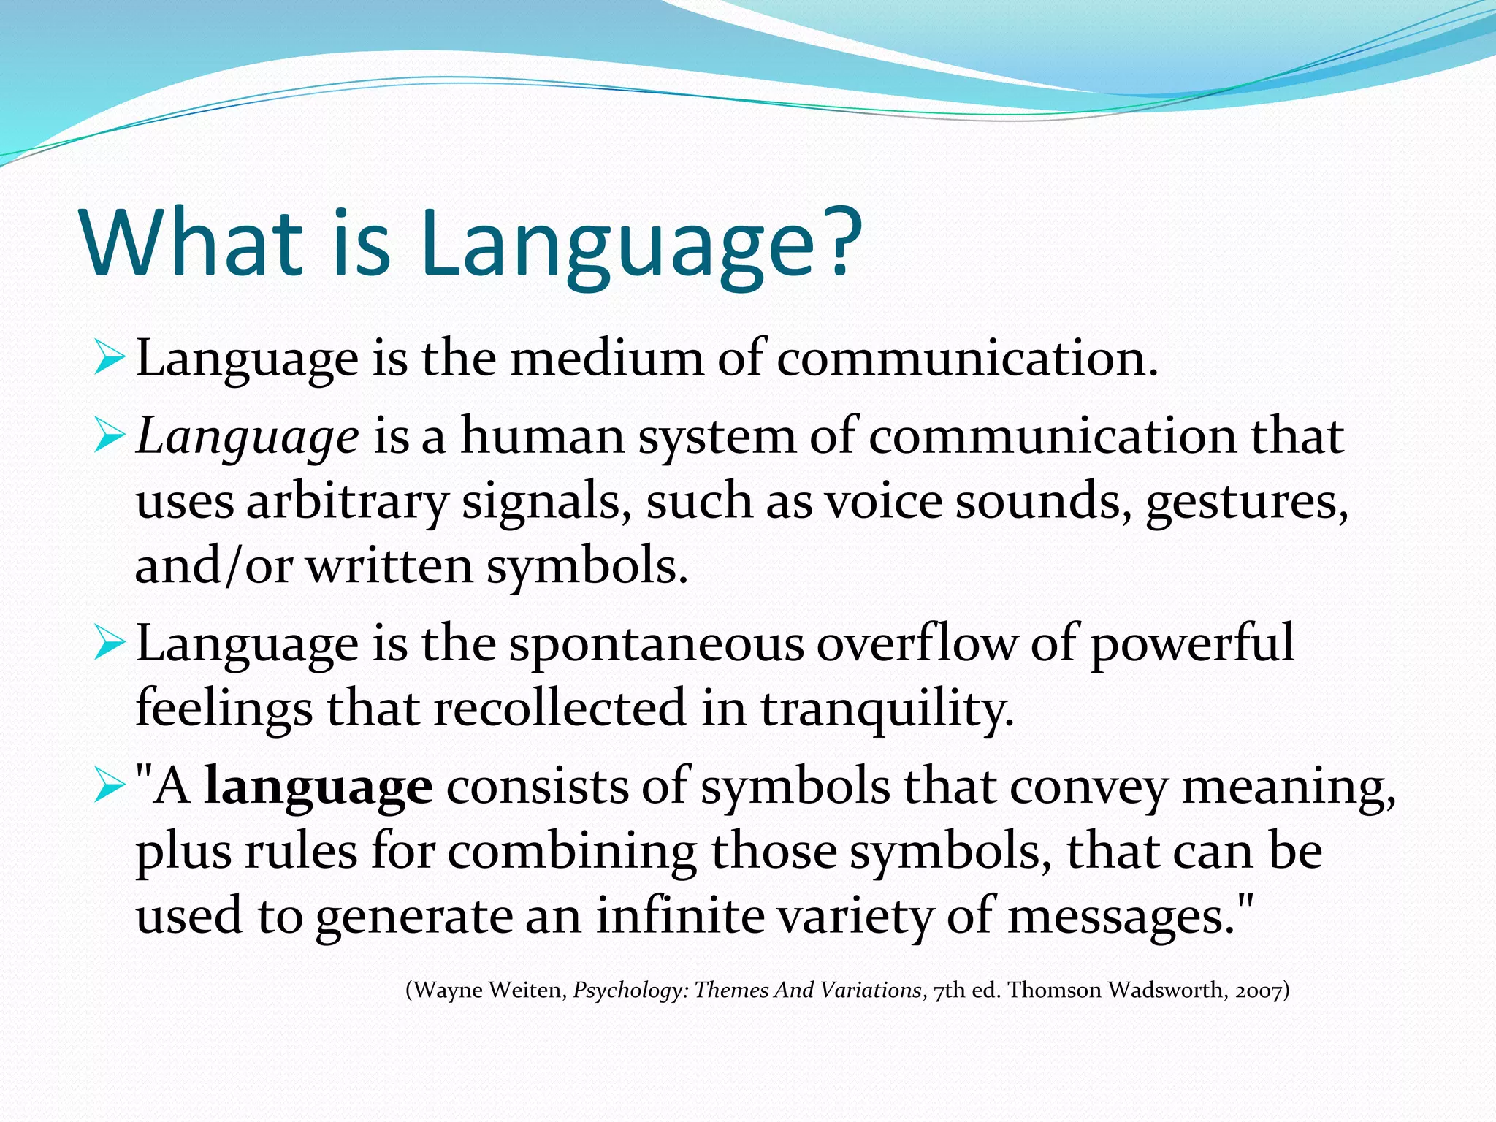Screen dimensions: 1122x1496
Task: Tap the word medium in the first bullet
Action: [x=606, y=359]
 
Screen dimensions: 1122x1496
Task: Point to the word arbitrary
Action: [x=346, y=503]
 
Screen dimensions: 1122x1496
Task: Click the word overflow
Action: [x=916, y=644]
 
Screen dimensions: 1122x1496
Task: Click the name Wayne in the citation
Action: [x=449, y=991]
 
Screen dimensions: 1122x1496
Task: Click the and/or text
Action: [x=213, y=567]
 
